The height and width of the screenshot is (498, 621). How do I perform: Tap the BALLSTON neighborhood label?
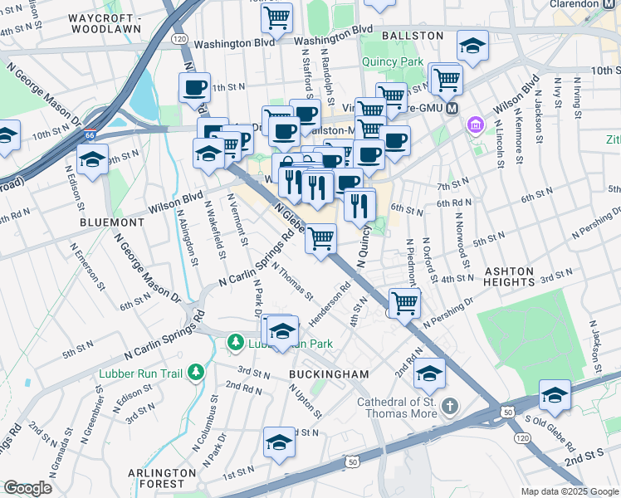point(413,37)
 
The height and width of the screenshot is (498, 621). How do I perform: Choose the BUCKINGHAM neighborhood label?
point(329,374)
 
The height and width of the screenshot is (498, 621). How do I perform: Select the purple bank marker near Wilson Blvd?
point(475,125)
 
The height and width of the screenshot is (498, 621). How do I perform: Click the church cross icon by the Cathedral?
point(449,406)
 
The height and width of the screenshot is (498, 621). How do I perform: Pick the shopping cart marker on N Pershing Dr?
point(404,303)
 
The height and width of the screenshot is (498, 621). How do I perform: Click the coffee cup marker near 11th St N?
point(195,87)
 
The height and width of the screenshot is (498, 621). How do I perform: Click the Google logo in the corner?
point(27,488)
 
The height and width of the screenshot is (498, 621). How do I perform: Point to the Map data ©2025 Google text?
point(570,491)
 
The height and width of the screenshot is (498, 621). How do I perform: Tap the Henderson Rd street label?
point(330,308)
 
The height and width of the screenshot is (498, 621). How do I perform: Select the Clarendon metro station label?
point(580,4)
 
